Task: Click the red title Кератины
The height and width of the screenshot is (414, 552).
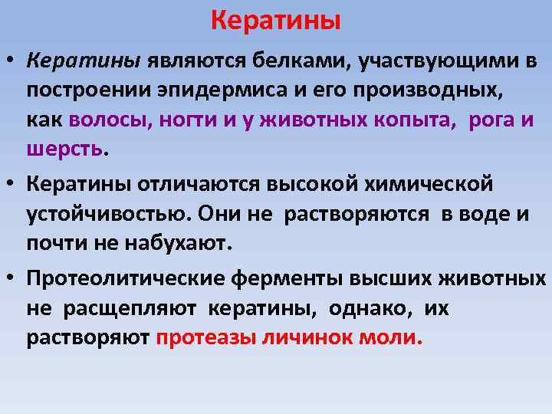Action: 275,20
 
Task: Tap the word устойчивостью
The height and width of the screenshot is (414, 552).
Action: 107,215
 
